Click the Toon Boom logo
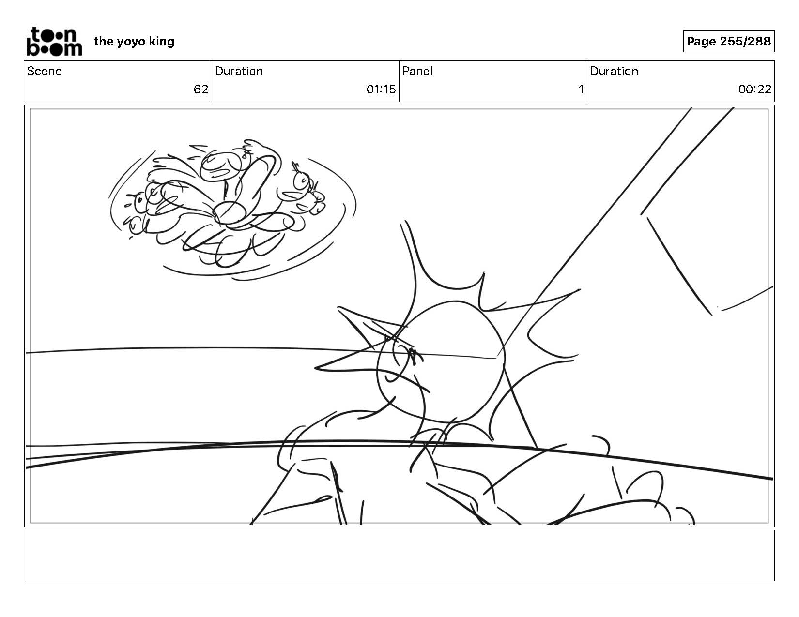(54, 42)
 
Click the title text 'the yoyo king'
(134, 42)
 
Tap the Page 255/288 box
(728, 41)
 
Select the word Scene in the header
(45, 71)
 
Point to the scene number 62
(201, 90)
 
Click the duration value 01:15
(381, 90)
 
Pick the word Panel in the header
(418, 71)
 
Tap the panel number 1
(581, 90)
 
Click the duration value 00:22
(754, 90)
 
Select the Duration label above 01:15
(239, 71)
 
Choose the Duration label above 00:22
(614, 71)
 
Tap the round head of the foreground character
(441, 362)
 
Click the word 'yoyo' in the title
(131, 43)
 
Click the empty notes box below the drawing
(399, 555)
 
